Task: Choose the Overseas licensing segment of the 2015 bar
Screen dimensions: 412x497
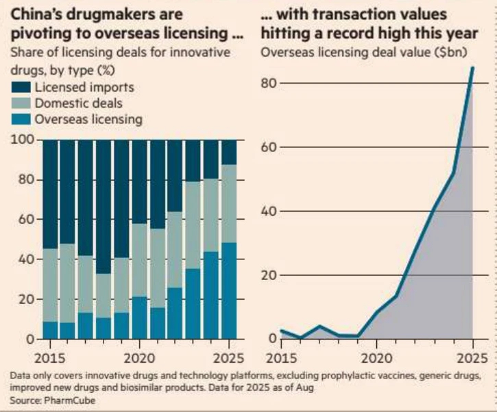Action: point(50,330)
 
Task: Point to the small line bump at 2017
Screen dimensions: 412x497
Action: point(319,326)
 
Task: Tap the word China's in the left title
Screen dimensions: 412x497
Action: point(35,14)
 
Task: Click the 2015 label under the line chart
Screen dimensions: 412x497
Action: point(280,358)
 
